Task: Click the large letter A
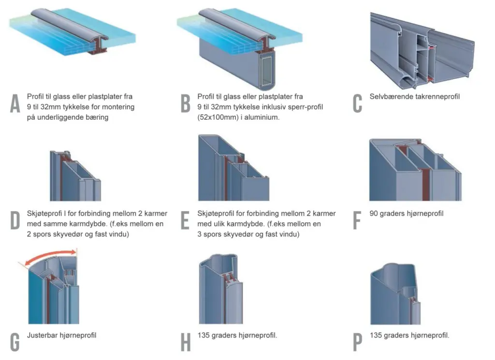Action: coord(15,103)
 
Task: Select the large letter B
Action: coord(186,103)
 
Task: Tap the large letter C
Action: coord(357,103)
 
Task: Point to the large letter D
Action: coord(15,220)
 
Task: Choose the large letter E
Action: coord(185,220)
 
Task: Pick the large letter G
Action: coord(15,341)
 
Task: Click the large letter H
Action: coord(186,341)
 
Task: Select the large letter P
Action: coord(357,341)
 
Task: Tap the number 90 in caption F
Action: coord(374,213)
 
